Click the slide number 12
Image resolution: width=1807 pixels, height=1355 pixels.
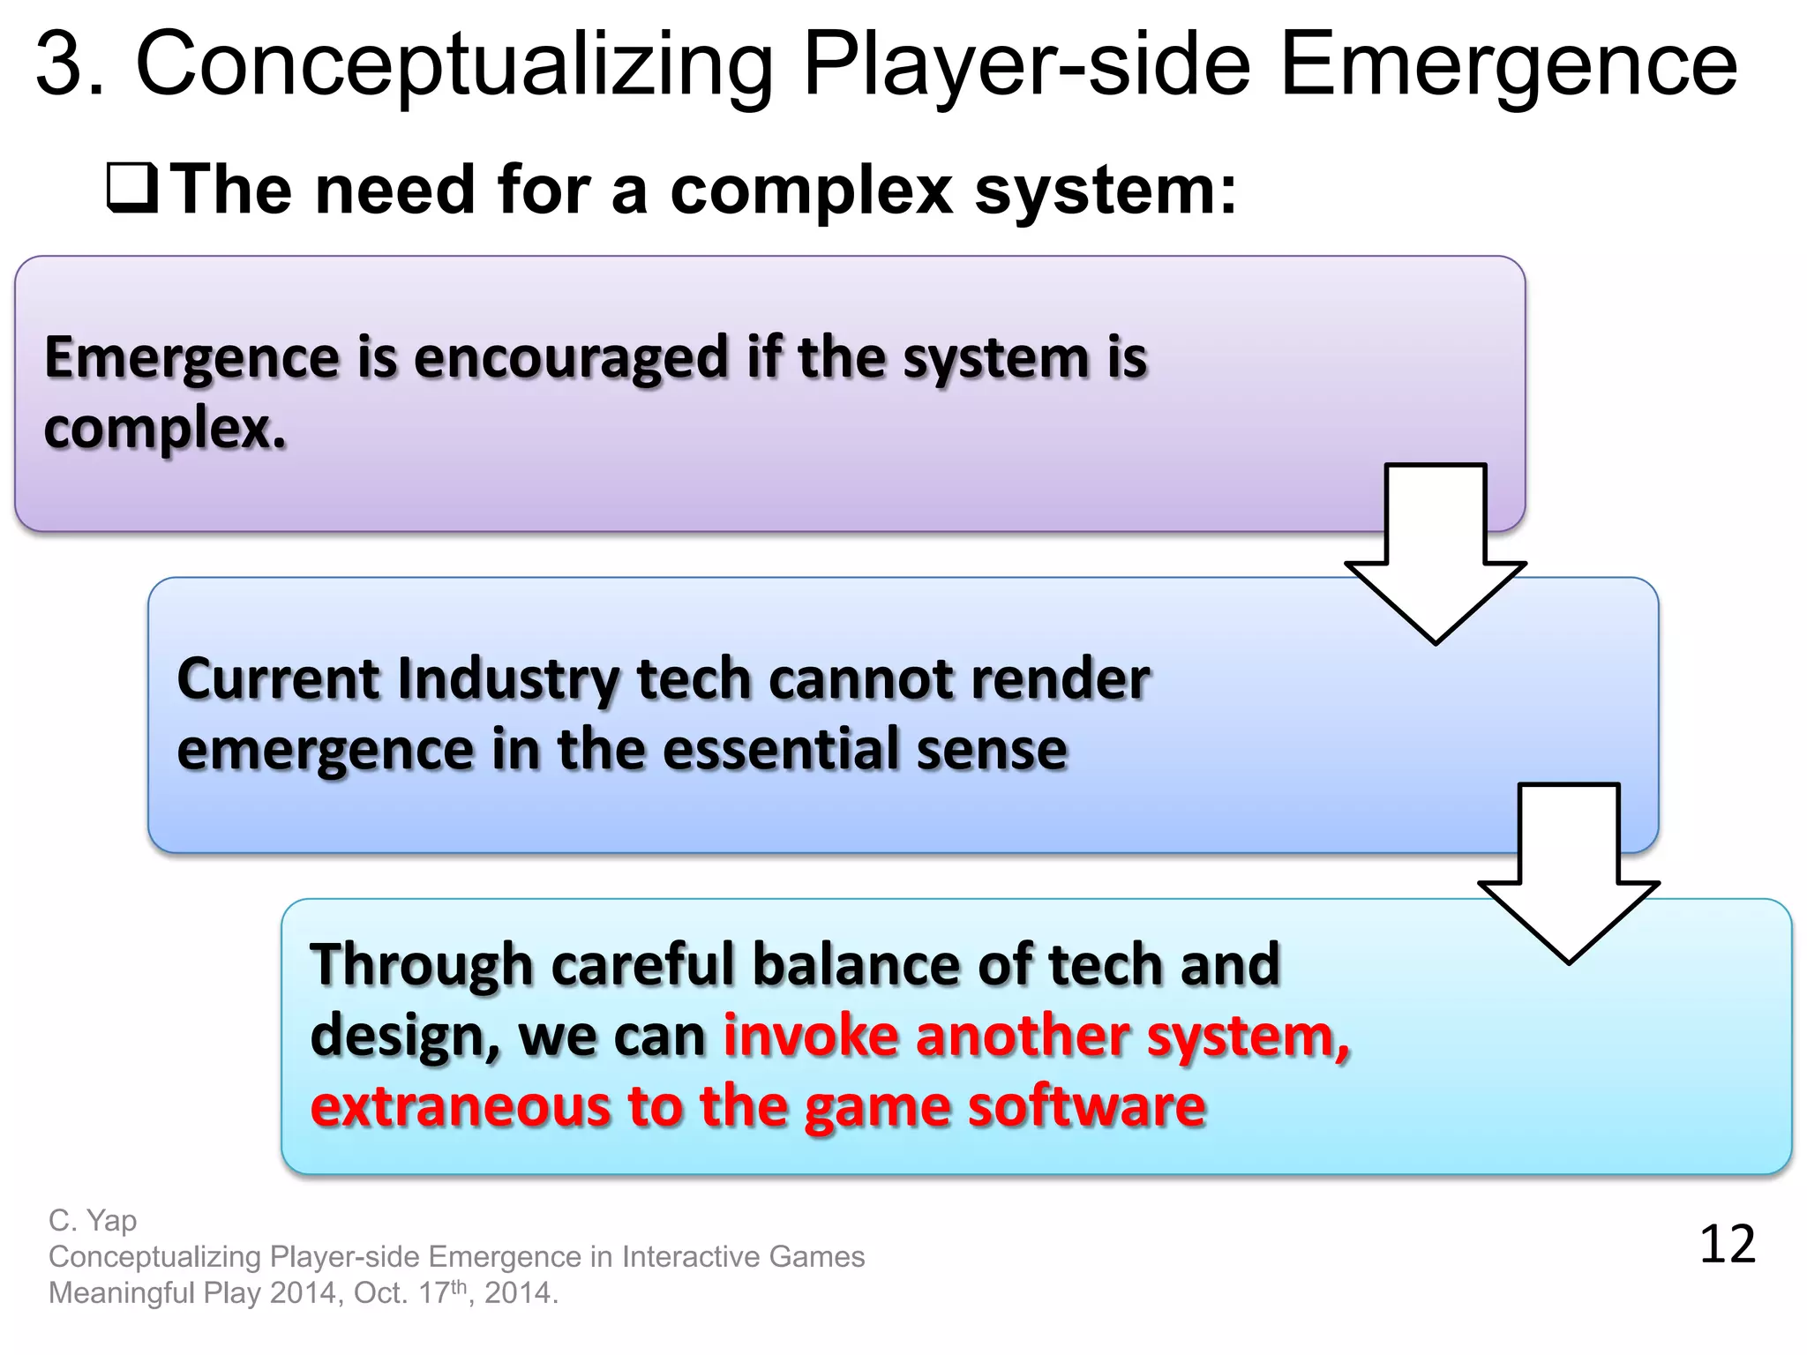(1727, 1245)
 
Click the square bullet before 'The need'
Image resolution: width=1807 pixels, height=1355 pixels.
(132, 189)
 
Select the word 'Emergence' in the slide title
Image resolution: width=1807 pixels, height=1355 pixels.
(1508, 64)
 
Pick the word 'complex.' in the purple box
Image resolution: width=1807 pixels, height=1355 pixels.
(166, 430)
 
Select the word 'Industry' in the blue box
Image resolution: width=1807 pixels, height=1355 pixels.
(509, 679)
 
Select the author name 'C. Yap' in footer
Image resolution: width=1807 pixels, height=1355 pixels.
(93, 1221)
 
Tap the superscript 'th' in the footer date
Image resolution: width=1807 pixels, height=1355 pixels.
(458, 1286)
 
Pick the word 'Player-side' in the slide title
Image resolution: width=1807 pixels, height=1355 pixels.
(1027, 64)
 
